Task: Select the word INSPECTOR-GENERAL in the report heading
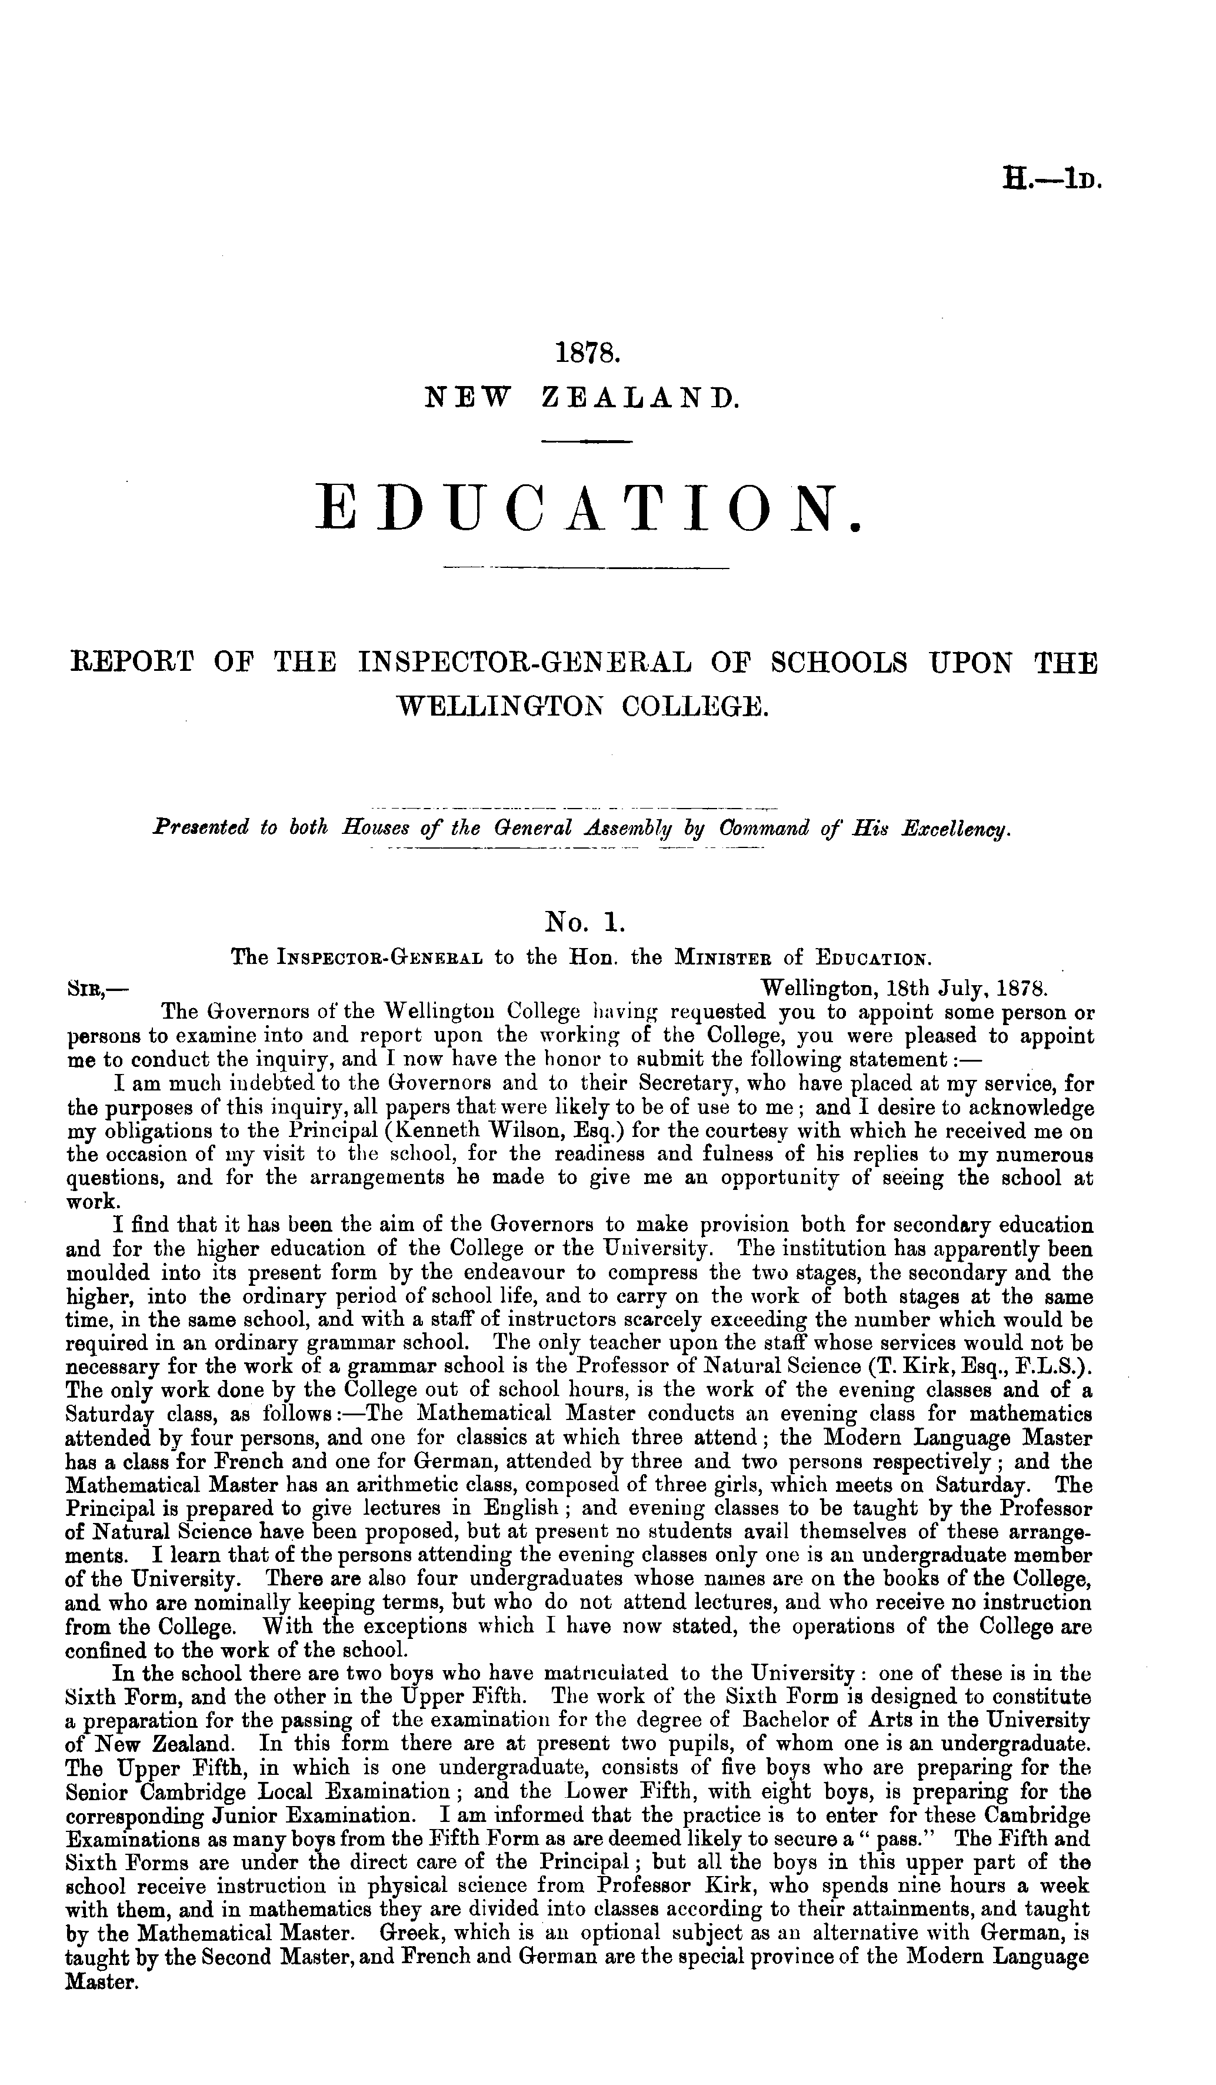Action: pos(552,664)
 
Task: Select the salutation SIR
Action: pos(85,988)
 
